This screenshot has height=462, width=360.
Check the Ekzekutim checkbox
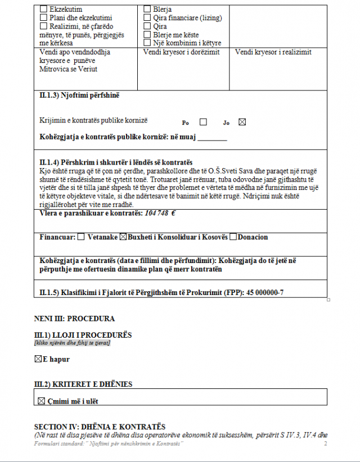44,10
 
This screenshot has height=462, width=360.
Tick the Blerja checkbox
147,10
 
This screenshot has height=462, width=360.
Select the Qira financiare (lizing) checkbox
147,18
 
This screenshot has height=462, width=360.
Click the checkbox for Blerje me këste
147,34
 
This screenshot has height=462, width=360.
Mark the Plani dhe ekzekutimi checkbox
44,18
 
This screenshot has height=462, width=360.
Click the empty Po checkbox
203,122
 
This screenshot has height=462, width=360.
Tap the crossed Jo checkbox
242,122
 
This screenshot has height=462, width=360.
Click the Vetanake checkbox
81,237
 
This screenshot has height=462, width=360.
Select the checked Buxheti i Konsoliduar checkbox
123,237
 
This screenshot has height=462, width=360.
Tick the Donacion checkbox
233,237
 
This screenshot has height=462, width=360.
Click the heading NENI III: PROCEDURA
74,319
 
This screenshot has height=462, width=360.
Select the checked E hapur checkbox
38,359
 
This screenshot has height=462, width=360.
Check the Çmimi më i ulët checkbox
41,401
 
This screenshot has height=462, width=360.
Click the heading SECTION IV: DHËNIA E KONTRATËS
100,427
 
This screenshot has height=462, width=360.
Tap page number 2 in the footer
325,444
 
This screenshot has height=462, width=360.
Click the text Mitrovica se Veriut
68,69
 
